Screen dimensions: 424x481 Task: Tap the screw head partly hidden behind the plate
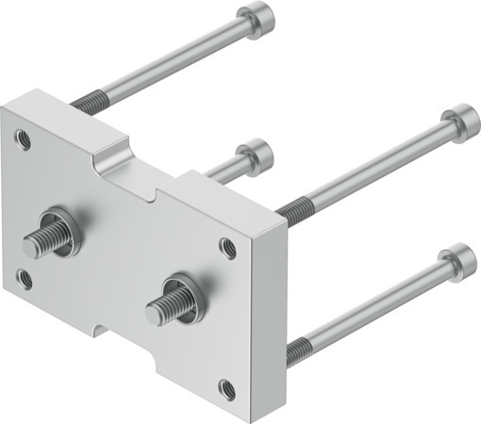(254, 153)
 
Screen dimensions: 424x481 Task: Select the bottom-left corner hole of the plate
(25, 279)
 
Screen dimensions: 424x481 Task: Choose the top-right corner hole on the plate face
(227, 248)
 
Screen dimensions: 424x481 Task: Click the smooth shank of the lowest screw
(377, 302)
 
